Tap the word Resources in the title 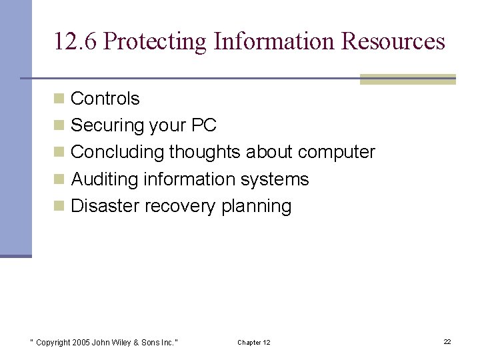tap(393, 41)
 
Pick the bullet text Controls tap(105, 99)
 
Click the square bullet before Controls tap(59, 99)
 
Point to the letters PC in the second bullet tap(203, 125)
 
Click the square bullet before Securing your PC tap(59, 125)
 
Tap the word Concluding tap(117, 152)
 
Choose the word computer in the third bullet tap(337, 152)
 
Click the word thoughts tap(205, 152)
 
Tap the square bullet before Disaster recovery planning tap(59, 206)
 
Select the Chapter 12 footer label tap(253, 343)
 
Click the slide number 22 tap(447, 341)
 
